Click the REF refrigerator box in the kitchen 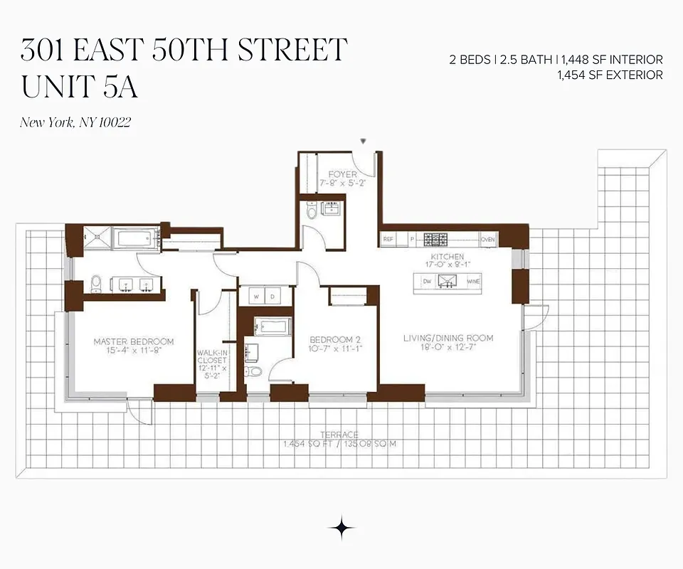pos(388,240)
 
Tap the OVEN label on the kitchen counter pos(488,240)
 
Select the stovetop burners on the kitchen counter pos(435,240)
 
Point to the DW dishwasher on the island pos(427,282)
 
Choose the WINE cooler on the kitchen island pos(473,282)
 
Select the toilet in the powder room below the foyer pos(311,211)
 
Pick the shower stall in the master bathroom pos(97,238)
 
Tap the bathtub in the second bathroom pos(274,327)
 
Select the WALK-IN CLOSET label pos(212,360)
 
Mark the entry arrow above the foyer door pos(364,142)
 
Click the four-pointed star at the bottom pos(341,528)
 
